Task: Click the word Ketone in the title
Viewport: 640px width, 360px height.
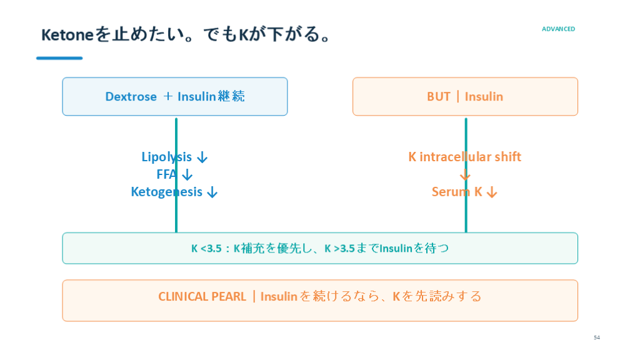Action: [67, 35]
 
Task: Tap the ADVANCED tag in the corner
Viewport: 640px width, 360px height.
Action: [558, 29]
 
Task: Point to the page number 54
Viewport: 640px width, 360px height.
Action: [597, 337]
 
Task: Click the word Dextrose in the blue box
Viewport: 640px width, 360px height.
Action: [131, 97]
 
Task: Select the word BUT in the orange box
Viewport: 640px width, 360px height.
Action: [438, 97]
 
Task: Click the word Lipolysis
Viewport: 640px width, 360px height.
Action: [166, 157]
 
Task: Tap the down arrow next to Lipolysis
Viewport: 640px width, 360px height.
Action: [202, 157]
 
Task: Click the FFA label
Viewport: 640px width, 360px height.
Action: [166, 174]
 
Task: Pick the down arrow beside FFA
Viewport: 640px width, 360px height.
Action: [187, 175]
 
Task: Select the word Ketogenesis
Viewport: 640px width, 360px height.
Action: [166, 192]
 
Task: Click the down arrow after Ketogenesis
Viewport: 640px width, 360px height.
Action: [212, 192]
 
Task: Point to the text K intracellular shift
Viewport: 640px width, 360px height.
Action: [465, 157]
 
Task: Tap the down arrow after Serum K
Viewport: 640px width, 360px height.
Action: [492, 192]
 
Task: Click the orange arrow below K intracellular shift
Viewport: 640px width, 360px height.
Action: [465, 175]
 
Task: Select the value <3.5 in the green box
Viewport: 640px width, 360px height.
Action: [211, 249]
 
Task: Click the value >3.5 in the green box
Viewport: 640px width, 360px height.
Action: [344, 249]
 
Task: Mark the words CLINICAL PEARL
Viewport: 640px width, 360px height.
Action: [202, 297]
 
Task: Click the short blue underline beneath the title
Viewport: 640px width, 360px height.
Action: [59, 58]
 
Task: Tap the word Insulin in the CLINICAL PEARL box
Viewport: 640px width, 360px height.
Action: [279, 297]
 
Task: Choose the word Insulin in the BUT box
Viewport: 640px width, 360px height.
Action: [484, 97]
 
